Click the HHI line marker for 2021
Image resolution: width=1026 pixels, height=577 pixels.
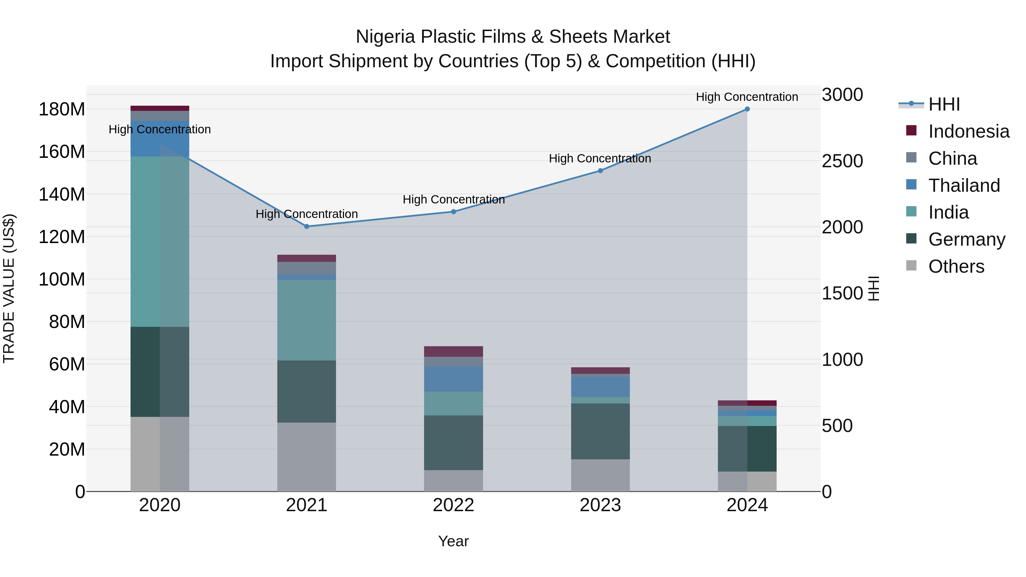(x=306, y=227)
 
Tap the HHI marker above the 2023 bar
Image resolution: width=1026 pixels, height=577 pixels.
(x=600, y=171)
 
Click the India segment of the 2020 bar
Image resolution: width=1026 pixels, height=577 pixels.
(x=159, y=241)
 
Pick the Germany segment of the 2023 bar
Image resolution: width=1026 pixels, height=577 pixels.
(x=600, y=431)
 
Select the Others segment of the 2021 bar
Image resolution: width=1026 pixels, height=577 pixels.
(x=306, y=457)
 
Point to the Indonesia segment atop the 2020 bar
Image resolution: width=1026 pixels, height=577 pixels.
(x=159, y=108)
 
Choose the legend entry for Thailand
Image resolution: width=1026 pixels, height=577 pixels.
(x=964, y=185)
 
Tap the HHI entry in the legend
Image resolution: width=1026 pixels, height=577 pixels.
(x=944, y=104)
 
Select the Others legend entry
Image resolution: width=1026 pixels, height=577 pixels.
(x=956, y=266)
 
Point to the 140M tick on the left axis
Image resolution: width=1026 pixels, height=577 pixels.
(x=62, y=195)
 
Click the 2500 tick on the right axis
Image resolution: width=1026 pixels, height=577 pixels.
(x=842, y=161)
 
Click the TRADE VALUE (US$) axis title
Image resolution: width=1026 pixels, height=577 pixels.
(x=9, y=288)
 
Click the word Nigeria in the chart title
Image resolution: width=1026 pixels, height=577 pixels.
(x=385, y=37)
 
